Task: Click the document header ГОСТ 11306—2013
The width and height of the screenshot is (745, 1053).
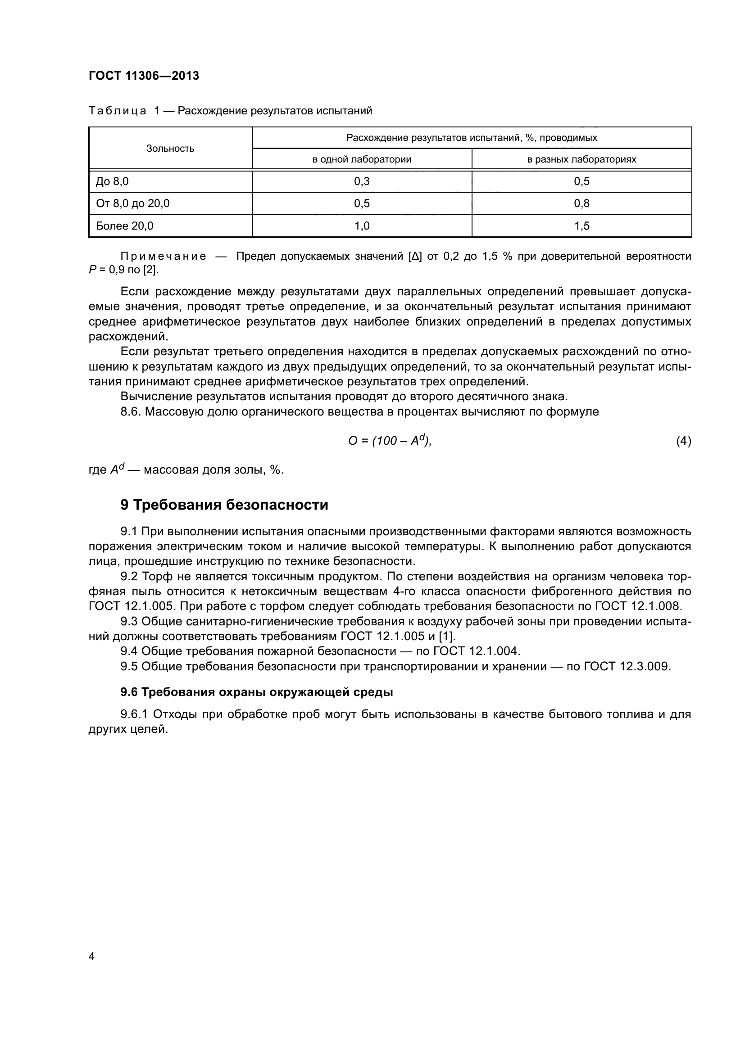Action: coord(144,76)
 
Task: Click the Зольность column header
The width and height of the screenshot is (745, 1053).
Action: coord(170,149)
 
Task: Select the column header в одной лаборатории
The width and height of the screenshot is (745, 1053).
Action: coord(362,160)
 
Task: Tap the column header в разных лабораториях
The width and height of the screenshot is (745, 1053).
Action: coord(581,160)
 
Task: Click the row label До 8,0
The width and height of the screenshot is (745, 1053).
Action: coord(113,181)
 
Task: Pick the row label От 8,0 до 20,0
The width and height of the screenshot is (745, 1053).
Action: coord(132,203)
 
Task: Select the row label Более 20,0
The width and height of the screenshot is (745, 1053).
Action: coord(125,226)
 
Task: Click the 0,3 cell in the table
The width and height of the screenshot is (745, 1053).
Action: coord(362,181)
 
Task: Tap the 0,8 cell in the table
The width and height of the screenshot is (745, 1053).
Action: coord(581,203)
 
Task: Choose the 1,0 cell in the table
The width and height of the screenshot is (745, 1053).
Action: coord(362,226)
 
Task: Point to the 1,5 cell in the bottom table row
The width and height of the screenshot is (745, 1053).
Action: coord(581,226)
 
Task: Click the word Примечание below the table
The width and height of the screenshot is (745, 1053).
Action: coord(163,256)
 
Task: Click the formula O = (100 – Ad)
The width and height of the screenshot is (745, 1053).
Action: coord(390,441)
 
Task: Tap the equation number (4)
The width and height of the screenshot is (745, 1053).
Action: coord(683,441)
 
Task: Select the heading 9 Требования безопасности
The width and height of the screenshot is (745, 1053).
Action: coord(224,505)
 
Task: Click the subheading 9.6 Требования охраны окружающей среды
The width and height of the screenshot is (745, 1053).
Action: coord(256,692)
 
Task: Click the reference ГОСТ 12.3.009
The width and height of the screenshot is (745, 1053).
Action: coord(627,666)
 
